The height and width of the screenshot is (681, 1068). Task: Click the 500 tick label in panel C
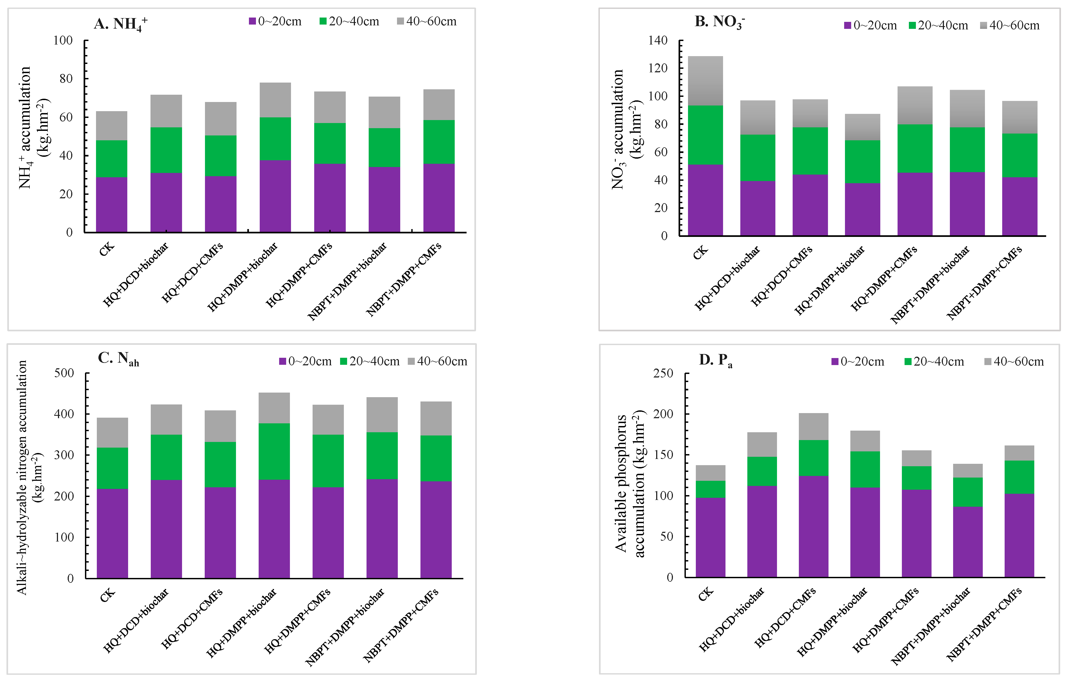click(64, 373)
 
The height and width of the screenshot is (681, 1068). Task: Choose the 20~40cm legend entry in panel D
click(934, 362)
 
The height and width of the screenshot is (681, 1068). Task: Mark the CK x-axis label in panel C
click(107, 596)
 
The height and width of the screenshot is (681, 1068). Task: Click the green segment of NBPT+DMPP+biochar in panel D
click(967, 492)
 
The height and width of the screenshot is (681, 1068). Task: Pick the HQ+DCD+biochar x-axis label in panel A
click(135, 275)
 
